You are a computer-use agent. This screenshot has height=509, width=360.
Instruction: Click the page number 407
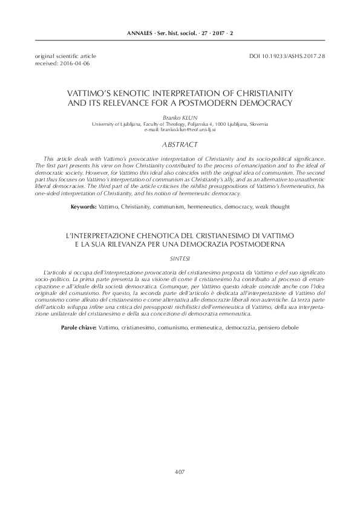pyautogui.click(x=180, y=472)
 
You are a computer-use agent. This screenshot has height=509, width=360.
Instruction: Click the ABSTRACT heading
pyautogui.click(x=180, y=145)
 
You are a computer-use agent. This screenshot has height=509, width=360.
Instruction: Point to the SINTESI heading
pyautogui.click(x=180, y=258)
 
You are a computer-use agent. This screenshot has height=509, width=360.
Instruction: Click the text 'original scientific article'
pyautogui.click(x=58, y=56)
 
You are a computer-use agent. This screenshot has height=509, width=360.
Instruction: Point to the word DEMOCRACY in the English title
pyautogui.click(x=264, y=103)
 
